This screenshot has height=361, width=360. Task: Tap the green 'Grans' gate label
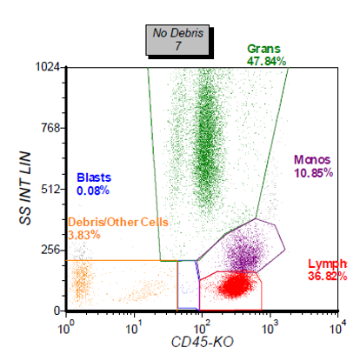(x=263, y=50)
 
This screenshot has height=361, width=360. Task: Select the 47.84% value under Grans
(x=267, y=62)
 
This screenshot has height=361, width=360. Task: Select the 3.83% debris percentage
(x=83, y=235)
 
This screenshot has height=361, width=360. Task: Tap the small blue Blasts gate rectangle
(x=188, y=284)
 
